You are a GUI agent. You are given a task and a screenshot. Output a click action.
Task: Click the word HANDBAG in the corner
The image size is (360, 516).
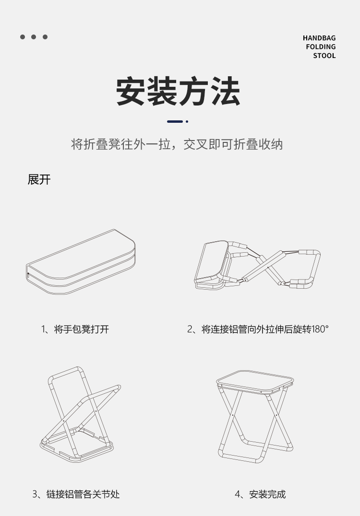click(319, 38)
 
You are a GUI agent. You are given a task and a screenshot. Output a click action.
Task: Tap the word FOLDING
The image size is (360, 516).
click(321, 47)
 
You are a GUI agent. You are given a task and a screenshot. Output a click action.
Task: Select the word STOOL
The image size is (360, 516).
click(324, 56)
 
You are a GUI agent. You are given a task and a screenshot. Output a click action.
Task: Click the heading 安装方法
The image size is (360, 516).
click(178, 91)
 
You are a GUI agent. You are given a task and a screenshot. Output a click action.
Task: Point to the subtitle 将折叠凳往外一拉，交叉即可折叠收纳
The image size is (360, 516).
click(177, 144)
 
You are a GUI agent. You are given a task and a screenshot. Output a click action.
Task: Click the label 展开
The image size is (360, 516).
click(39, 180)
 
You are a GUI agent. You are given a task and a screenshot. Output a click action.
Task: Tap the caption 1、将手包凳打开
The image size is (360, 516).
click(75, 329)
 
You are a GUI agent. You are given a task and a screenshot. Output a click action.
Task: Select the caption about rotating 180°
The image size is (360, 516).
click(258, 329)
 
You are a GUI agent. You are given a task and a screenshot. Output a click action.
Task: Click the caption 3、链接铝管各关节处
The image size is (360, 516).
click(76, 494)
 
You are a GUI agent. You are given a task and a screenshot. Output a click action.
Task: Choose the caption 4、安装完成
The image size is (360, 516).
click(260, 494)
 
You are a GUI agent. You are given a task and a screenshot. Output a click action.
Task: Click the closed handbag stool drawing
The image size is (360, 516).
click(81, 262)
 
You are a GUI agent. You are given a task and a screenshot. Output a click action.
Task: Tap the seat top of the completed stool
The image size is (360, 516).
click(255, 382)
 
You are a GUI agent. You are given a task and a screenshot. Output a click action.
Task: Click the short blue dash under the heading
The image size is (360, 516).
click(175, 121)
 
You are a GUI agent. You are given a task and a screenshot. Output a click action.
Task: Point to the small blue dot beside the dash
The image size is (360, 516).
click(187, 121)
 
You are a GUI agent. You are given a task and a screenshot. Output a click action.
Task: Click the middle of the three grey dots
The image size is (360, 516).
click(34, 37)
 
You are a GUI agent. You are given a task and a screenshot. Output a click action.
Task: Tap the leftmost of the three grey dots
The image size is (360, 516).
click(23, 37)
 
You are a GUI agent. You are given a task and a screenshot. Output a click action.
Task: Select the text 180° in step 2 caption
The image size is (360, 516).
click(320, 329)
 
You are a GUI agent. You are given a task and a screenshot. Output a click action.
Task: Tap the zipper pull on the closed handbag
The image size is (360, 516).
click(28, 274)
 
